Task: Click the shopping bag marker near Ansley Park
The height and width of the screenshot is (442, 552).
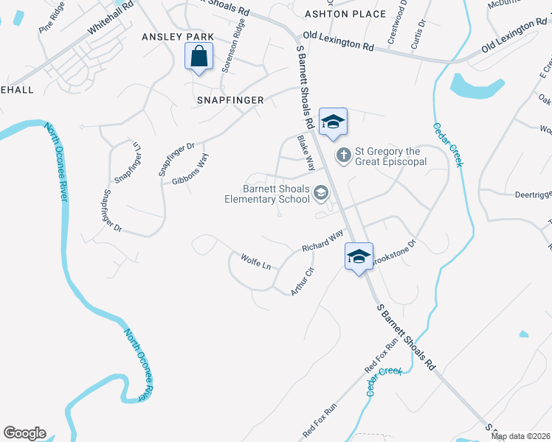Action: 199,56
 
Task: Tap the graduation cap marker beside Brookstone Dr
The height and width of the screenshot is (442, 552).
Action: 359,256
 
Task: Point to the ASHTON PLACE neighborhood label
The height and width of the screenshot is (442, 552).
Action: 345,14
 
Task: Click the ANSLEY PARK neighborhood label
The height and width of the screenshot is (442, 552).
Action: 178,37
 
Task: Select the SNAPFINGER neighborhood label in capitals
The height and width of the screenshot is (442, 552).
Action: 230,99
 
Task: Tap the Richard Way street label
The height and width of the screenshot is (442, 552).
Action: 322,241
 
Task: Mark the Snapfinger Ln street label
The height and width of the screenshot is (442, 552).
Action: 127,162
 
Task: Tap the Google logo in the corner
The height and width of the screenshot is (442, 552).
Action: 24,433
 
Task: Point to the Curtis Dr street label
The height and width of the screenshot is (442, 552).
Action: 420,32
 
